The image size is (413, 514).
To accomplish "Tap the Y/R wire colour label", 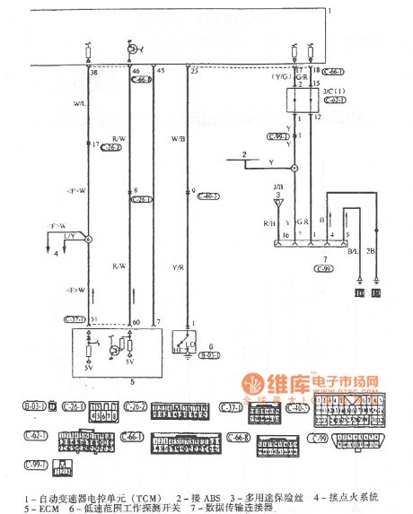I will pos(178,268).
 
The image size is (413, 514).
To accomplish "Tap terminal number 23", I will pos(194,70).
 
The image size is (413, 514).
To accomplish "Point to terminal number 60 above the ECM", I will pos(136,320).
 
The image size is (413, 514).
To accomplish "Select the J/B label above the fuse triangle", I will pos(278,186).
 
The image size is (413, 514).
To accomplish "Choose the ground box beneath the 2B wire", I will pos(375,292).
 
